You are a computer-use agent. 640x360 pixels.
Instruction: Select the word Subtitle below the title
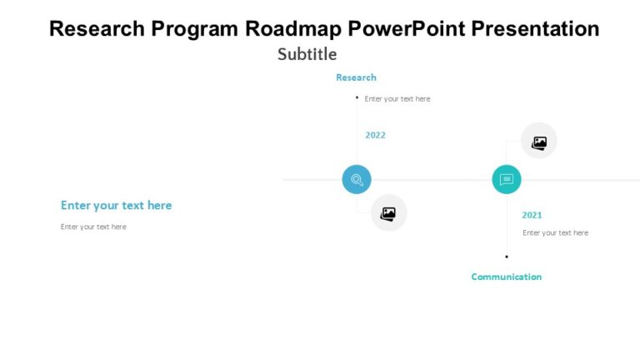tap(307, 54)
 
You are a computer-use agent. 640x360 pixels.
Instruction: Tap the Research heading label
tap(356, 77)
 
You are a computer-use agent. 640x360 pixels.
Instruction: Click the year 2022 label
tap(375, 135)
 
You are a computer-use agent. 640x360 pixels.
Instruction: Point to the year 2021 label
tap(532, 215)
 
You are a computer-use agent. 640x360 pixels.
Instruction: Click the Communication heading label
tap(506, 277)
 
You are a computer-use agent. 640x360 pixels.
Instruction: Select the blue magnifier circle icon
tap(357, 179)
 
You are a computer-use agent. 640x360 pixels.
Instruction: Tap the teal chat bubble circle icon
tap(506, 179)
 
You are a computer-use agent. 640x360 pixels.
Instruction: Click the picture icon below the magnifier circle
tap(388, 213)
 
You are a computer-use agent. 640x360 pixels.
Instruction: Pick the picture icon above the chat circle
tap(539, 142)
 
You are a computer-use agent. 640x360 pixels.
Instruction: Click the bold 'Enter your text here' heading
tap(116, 206)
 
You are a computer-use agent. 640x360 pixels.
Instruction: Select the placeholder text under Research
tap(397, 99)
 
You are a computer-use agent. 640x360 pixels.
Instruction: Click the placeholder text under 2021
tap(555, 233)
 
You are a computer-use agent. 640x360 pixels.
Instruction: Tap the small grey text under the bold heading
tap(93, 227)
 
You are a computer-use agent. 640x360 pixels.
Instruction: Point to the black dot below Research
tap(357, 97)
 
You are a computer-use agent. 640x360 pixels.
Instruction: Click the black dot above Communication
tap(507, 257)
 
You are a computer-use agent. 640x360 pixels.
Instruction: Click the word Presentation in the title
tap(535, 28)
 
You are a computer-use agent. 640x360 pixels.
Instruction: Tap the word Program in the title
tap(197, 28)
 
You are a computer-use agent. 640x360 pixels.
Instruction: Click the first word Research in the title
tap(97, 28)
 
